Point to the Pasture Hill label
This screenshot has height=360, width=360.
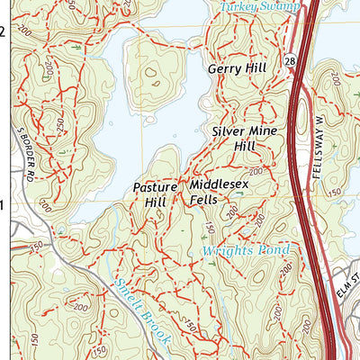click(149, 195)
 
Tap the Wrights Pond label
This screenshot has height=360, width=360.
click(245, 250)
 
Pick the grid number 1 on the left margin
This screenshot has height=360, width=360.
click(3, 205)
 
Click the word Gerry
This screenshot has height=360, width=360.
click(224, 68)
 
